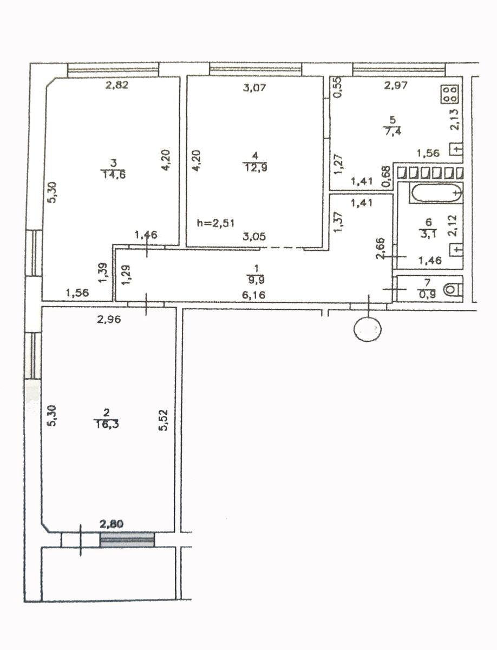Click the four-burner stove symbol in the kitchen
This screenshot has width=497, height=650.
450,94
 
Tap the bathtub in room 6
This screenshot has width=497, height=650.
436,192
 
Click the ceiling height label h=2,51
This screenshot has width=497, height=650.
215,223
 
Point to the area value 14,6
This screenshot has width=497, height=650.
114,175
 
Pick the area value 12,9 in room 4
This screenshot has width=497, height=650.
256,167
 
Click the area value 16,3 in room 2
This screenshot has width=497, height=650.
106,424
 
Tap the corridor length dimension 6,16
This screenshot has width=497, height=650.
253,295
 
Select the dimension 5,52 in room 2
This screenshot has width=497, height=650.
164,420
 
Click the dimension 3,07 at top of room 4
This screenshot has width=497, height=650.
254,88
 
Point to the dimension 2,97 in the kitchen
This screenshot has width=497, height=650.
396,85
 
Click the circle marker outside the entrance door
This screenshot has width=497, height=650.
368,329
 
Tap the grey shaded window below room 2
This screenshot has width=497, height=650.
127,539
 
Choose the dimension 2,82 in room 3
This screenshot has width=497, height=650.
117,85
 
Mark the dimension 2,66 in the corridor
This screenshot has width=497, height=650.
381,248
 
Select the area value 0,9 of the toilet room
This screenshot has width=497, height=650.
428,294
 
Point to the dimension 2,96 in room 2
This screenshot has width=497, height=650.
109,320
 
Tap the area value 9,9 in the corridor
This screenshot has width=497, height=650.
256,279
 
